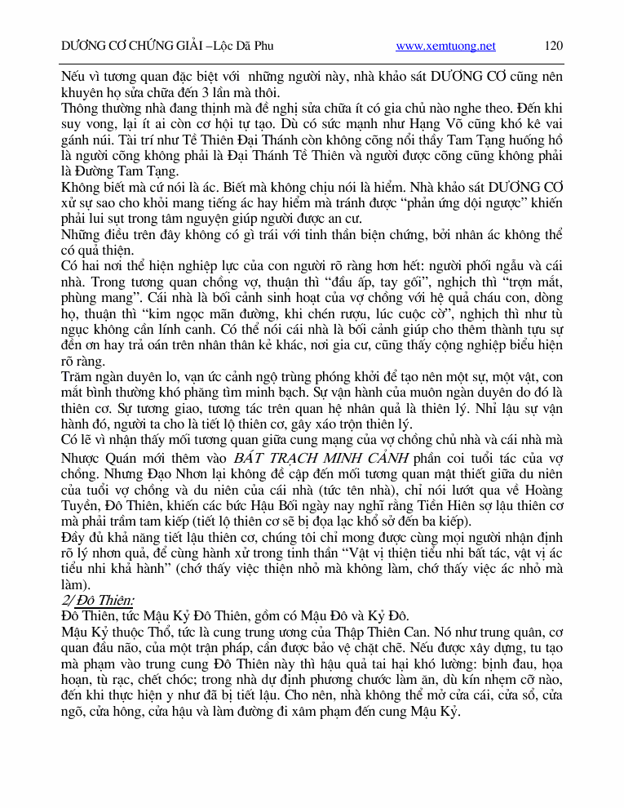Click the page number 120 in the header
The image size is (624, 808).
coord(554,47)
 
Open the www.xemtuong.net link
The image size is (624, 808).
coord(445,47)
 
